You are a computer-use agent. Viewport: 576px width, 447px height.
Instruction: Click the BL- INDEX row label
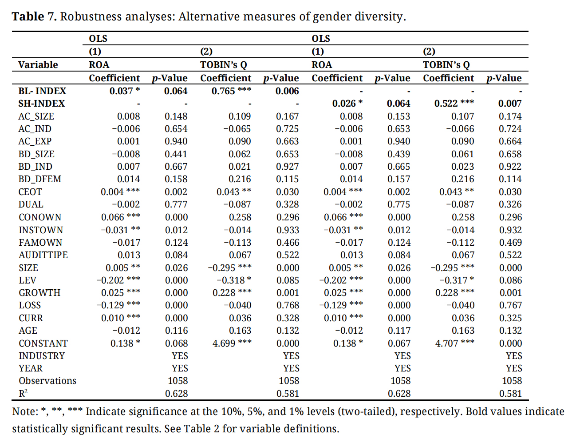(42, 91)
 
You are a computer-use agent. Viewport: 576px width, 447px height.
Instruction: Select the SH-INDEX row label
(42, 104)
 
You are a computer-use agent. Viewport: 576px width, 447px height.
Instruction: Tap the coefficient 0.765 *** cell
(231, 91)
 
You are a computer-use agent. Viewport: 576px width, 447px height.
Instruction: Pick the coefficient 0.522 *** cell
(454, 104)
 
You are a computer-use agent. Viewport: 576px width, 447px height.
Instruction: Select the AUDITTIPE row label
(43, 255)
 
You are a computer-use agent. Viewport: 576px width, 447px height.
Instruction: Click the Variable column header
(38, 65)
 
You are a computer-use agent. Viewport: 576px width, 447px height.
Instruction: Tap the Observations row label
(47, 381)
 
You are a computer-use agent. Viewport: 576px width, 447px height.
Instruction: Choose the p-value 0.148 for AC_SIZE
(176, 116)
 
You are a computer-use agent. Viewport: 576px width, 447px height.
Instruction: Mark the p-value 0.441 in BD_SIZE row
(176, 154)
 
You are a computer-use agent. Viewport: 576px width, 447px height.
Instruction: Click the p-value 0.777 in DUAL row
(176, 204)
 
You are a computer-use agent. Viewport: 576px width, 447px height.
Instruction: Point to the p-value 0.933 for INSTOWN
(288, 230)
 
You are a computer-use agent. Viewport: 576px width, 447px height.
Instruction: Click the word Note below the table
(25, 411)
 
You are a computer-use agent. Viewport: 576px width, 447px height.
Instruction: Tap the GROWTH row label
(39, 293)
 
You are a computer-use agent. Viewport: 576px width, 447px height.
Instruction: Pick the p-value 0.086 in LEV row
(510, 280)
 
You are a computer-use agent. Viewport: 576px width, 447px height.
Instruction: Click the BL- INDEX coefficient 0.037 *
(125, 91)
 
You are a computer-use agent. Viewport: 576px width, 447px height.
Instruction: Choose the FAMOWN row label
(40, 243)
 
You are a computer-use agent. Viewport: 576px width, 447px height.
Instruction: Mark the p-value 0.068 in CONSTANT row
(176, 343)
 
